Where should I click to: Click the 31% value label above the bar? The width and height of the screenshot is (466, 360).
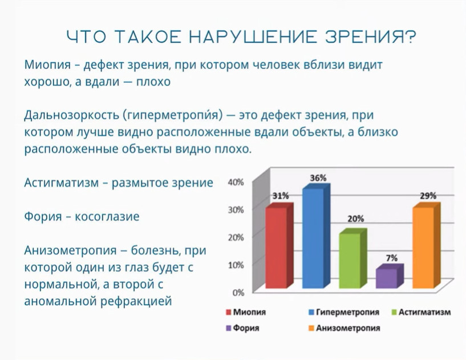point(281,196)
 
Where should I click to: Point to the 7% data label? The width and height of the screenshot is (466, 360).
point(392,258)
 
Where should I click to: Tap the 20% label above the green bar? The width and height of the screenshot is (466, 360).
point(356,219)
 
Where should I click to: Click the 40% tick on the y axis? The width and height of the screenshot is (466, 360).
point(236,182)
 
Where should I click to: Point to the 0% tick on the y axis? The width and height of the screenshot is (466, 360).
point(238,293)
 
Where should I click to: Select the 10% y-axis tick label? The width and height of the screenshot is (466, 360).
point(236,265)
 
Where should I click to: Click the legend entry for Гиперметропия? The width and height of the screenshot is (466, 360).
point(345,312)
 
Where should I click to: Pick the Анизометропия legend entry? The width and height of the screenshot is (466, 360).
point(345,328)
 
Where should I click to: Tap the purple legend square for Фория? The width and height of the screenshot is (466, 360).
point(229,328)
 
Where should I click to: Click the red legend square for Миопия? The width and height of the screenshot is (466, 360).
point(229,312)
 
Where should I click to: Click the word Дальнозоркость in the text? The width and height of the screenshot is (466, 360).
point(71,115)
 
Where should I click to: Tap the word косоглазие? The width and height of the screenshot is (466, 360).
point(107,217)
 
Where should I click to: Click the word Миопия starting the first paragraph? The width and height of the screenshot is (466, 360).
point(47,64)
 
